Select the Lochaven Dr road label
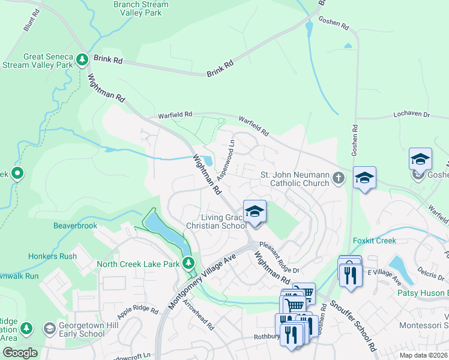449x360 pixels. [x=411, y=113]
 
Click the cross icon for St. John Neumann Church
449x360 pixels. [x=339, y=178]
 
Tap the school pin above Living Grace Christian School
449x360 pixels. [x=255, y=212]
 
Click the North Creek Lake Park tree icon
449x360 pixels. [x=189, y=263]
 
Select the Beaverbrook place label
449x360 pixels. [x=75, y=226]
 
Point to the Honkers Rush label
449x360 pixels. [x=52, y=256]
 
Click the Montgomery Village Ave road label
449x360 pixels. [x=202, y=280]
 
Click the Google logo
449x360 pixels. [x=20, y=352]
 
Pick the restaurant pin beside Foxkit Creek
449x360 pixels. [x=349, y=274]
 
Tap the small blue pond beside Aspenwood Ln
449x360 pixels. [x=207, y=160]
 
